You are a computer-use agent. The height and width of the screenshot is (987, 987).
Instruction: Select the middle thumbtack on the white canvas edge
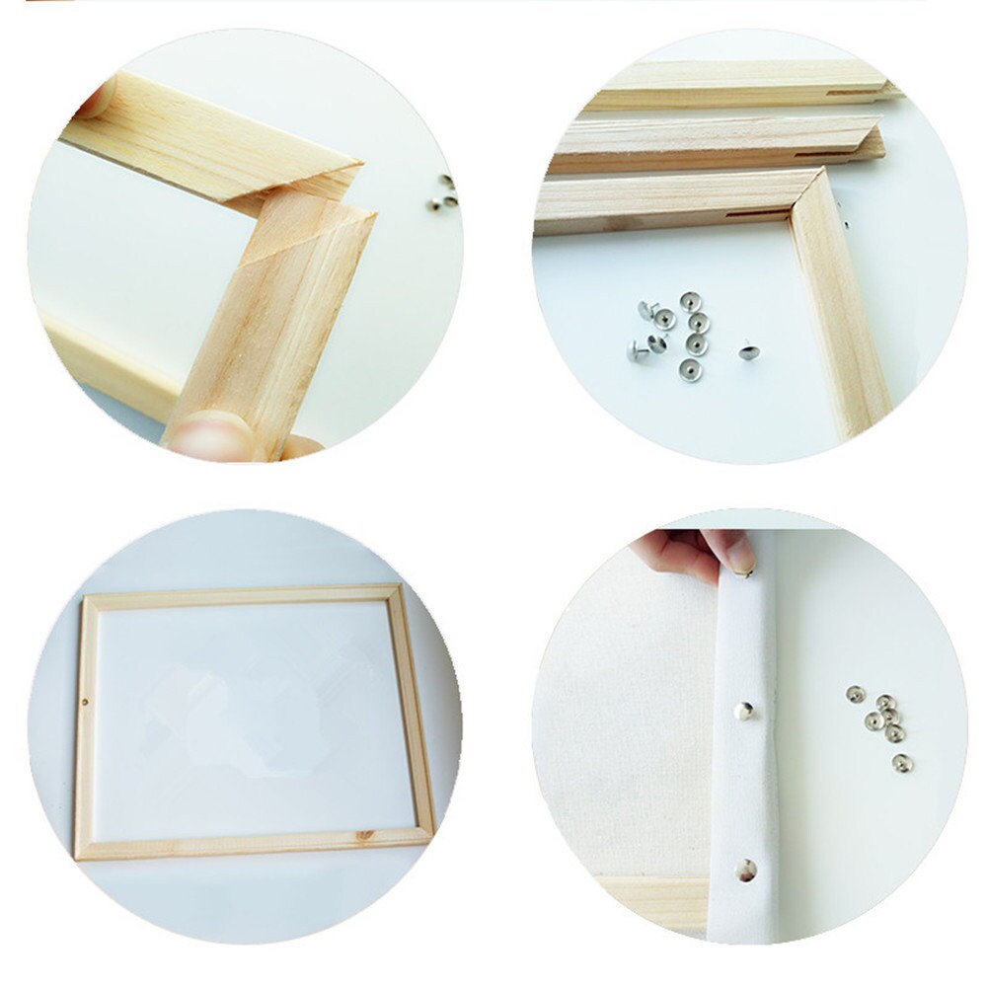tap(746, 708)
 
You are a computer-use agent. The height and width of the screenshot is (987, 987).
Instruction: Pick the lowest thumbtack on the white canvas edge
tap(746, 870)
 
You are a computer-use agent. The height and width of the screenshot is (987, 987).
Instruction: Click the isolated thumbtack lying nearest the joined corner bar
tap(748, 351)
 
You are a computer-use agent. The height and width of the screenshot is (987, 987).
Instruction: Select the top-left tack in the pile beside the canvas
tap(855, 694)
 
